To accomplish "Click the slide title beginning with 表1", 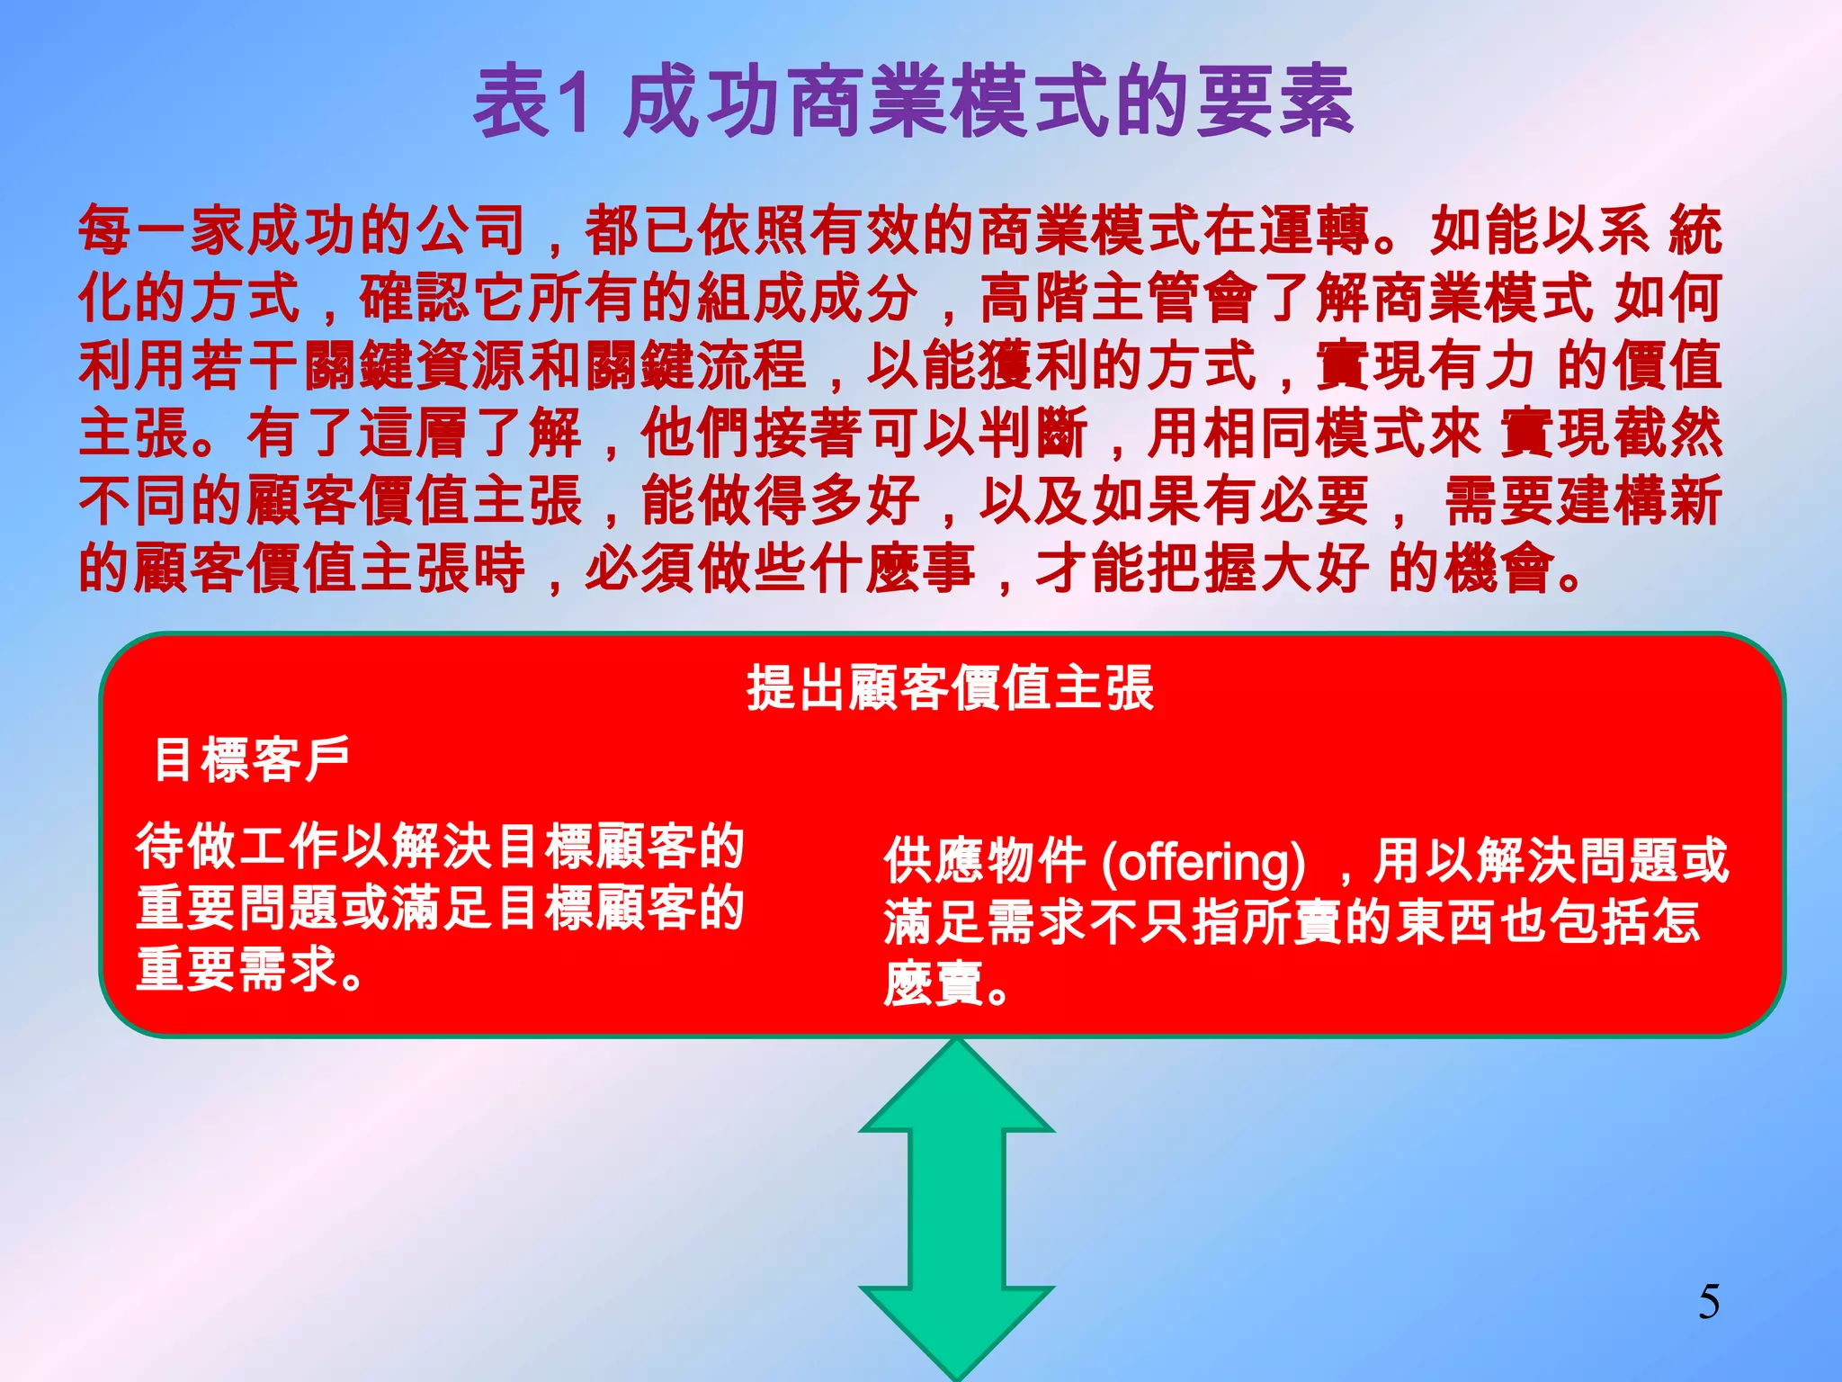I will [x=912, y=102].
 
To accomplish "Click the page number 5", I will [x=1709, y=1302].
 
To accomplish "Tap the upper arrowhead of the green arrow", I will [x=956, y=1089].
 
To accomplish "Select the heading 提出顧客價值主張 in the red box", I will [x=949, y=688].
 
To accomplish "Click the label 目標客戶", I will [x=251, y=759].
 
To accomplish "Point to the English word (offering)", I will [x=1203, y=861].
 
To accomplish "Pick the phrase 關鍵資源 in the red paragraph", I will [x=415, y=365].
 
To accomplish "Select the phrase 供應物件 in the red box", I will [x=985, y=861].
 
